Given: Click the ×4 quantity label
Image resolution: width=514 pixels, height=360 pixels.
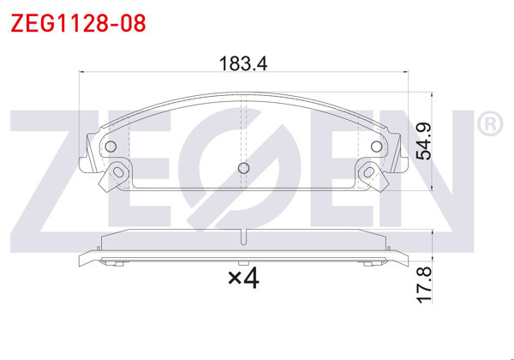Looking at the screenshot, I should (x=243, y=278).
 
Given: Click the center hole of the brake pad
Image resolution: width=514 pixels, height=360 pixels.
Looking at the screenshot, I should (x=243, y=168).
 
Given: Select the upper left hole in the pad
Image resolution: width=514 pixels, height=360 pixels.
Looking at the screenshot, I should (x=111, y=146).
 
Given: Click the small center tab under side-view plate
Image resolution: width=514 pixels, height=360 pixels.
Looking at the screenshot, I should (x=243, y=262).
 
